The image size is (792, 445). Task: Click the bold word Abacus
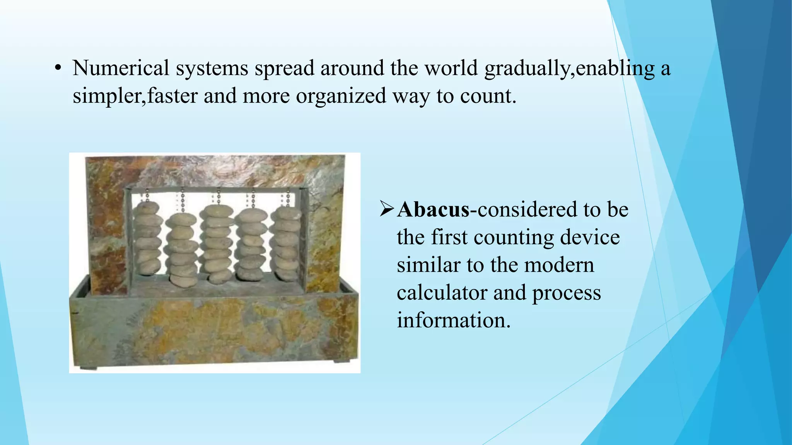[433, 210]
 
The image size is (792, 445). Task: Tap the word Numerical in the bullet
[121, 68]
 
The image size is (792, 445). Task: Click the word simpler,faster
[135, 96]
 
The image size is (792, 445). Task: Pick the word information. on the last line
[454, 321]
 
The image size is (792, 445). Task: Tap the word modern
[559, 265]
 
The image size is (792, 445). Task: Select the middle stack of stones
[217, 243]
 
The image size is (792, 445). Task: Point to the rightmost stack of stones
[286, 243]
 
